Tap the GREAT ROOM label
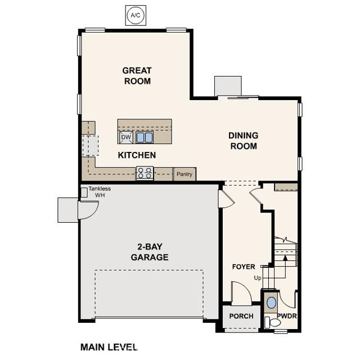click(137, 75)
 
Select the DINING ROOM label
click(243, 141)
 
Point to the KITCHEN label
click(137, 155)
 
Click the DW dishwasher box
click(126, 137)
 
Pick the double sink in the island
click(144, 137)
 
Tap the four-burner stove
click(145, 173)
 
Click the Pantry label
click(184, 174)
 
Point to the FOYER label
click(244, 267)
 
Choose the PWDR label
click(286, 316)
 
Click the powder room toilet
click(275, 321)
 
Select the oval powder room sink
click(272, 302)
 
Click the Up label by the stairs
click(258, 278)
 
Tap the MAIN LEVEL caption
click(109, 346)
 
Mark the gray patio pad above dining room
click(228, 86)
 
